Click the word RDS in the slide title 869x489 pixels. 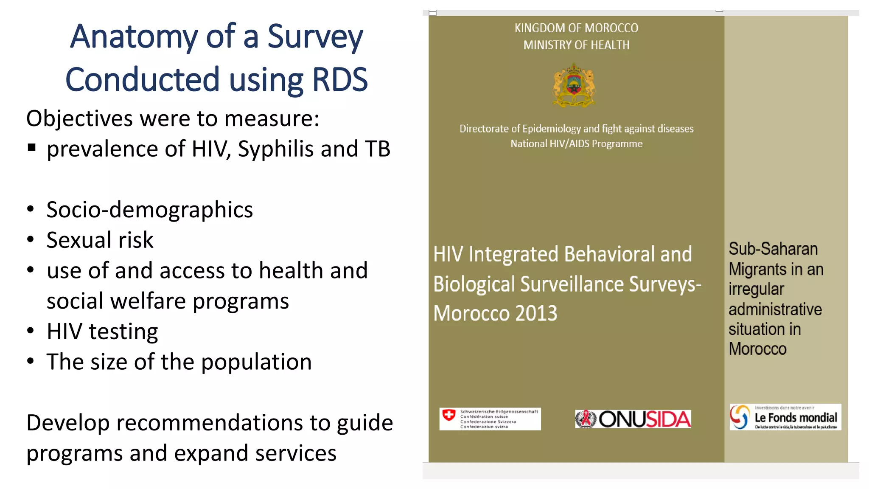339,80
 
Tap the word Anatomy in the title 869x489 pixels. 134,37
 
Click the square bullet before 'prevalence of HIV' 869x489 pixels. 31,148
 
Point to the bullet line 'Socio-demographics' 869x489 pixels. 149,210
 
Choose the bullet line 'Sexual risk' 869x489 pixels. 100,240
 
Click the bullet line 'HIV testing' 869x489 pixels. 102,332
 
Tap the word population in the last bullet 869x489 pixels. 256,362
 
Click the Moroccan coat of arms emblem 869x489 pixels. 574,85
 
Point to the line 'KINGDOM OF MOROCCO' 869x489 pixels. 576,28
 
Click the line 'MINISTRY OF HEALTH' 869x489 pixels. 576,45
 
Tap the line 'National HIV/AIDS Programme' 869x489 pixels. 576,144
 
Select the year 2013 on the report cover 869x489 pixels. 536,313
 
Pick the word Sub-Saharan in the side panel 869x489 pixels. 773,249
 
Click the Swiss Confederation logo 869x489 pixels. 490,419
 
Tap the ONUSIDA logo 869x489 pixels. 633,419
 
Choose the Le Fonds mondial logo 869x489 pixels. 785,417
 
